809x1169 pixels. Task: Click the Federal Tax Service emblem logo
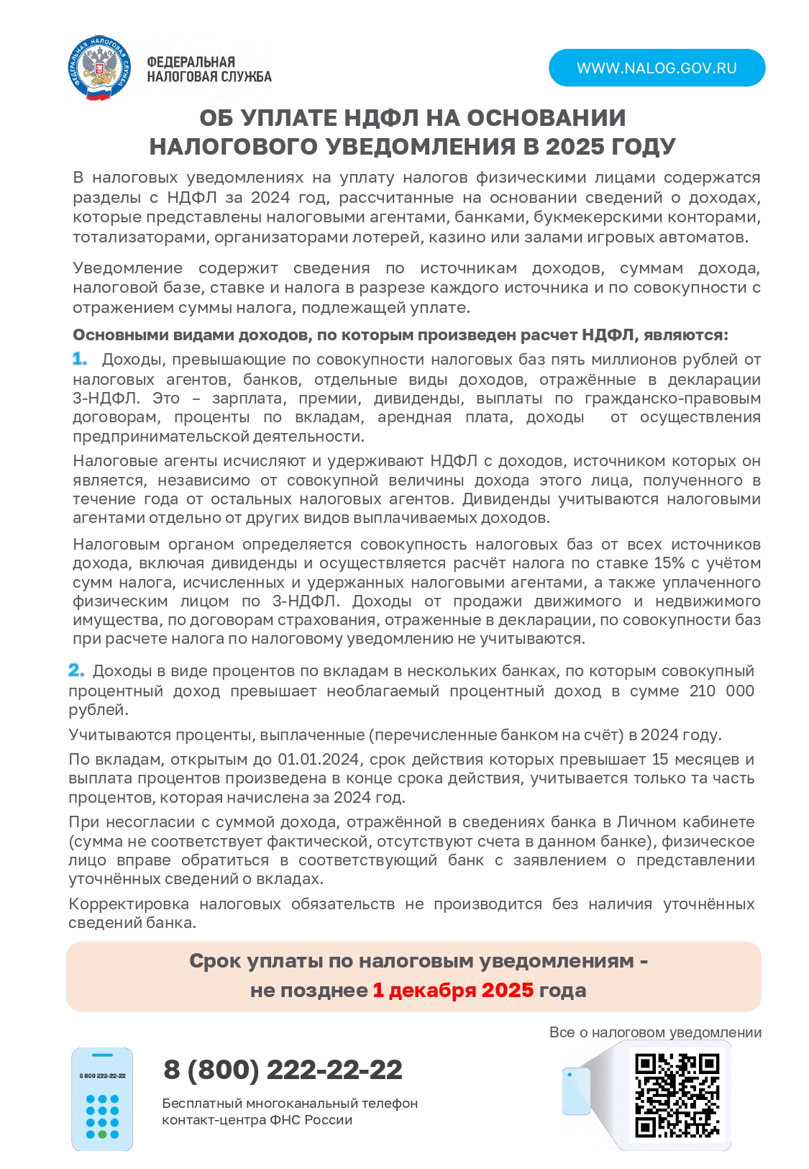(100, 68)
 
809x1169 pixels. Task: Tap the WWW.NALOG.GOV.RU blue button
(656, 68)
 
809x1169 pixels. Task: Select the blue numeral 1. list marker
(80, 359)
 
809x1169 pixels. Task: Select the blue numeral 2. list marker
(76, 670)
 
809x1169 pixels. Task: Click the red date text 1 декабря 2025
(453, 991)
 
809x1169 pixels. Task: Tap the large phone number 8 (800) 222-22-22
(283, 1070)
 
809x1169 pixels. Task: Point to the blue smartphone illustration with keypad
(102, 1099)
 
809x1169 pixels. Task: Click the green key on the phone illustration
(102, 1134)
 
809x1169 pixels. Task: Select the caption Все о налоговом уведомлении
(654, 1032)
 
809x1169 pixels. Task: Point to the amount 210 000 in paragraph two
(721, 691)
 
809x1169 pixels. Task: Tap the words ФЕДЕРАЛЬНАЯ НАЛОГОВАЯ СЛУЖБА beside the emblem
(209, 70)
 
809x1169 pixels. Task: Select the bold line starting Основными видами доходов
(400, 335)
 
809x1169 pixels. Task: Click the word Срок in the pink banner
(214, 961)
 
